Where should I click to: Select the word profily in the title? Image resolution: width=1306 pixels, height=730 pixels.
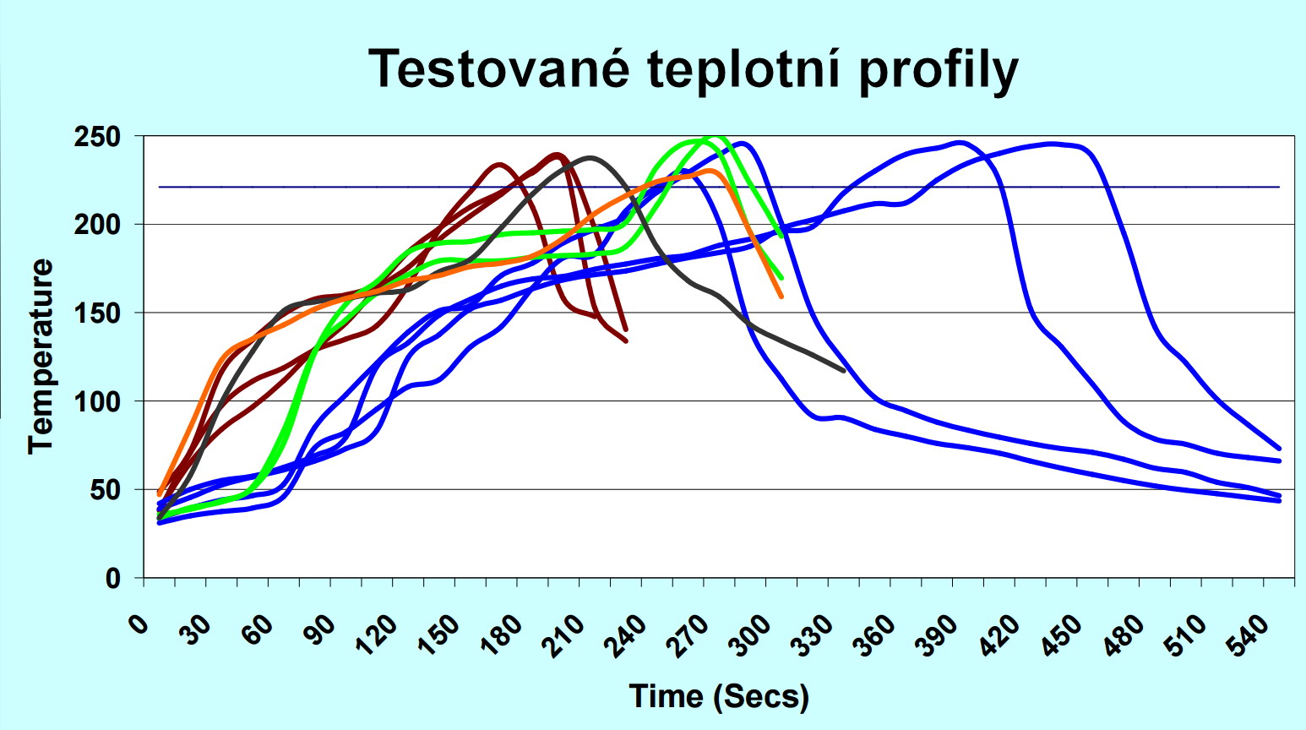pyautogui.click(x=939, y=71)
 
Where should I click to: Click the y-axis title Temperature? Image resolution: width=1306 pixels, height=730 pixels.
pyautogui.click(x=41, y=357)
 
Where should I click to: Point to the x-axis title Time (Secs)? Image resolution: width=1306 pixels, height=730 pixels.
pyautogui.click(x=719, y=696)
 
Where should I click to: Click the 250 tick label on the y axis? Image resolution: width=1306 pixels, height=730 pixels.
pyautogui.click(x=99, y=136)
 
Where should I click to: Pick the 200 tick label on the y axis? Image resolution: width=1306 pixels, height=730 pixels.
pyautogui.click(x=99, y=225)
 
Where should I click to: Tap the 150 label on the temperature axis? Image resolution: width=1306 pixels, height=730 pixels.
pyautogui.click(x=99, y=313)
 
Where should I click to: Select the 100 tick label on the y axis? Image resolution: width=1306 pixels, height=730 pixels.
pyautogui.click(x=99, y=401)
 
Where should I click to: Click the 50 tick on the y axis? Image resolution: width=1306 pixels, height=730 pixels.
pyautogui.click(x=106, y=490)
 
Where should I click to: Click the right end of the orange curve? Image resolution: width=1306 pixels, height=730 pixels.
pyautogui.click(x=781, y=297)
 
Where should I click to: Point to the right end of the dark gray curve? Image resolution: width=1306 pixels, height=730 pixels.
pyautogui.click(x=843, y=370)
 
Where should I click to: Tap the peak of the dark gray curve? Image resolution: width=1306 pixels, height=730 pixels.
pyautogui.click(x=590, y=157)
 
